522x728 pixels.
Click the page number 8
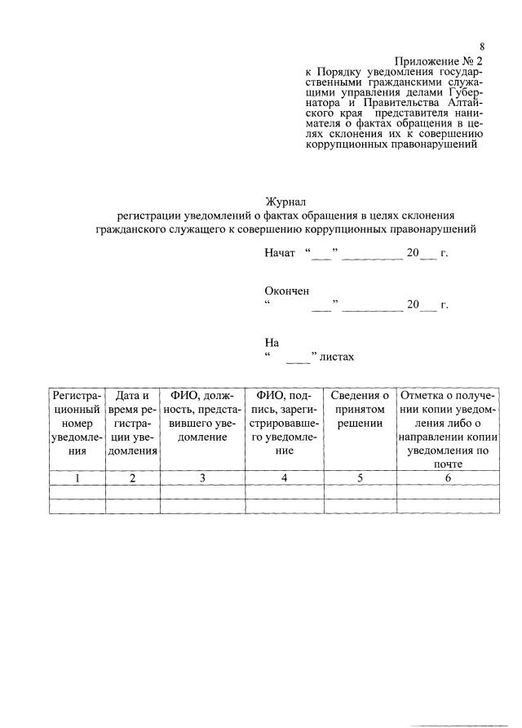[x=482, y=47]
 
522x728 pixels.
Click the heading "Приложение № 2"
[x=440, y=60]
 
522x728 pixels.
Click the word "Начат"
[x=280, y=254]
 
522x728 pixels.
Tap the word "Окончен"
[x=286, y=291]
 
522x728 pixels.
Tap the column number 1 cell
[x=77, y=478]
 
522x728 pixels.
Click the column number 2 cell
[x=132, y=478]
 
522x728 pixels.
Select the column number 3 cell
[x=201, y=478]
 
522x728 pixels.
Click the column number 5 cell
[x=361, y=478]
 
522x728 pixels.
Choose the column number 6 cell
[x=448, y=478]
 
